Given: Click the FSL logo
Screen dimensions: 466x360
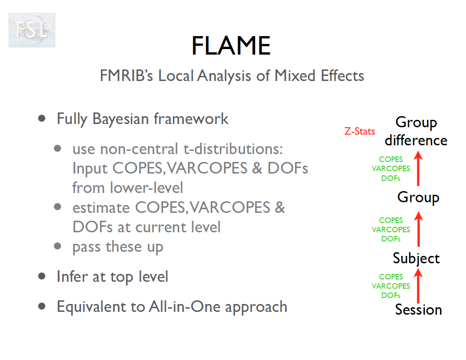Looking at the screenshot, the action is coord(32,30).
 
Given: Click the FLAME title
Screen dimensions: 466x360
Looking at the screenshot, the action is coord(231,46).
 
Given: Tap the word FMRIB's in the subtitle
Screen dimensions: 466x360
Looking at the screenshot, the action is coord(126,76).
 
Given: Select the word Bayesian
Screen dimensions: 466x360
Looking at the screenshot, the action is coord(120,119).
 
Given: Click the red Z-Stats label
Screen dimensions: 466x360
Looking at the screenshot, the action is coord(359,131).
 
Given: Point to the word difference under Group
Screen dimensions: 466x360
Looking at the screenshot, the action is coord(416,140).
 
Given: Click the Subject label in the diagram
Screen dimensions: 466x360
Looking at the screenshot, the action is coord(416,259).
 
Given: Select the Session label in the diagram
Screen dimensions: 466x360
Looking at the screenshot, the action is coord(418,310).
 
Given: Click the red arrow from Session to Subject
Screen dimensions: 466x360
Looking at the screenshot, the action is coord(418,286).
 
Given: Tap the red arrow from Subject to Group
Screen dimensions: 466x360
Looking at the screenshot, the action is coord(418,229).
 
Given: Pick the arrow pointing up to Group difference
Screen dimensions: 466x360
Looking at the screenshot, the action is coord(418,168).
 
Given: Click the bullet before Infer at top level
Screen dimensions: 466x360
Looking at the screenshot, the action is coord(42,276).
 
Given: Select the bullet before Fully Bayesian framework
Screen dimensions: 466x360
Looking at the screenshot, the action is coord(42,119).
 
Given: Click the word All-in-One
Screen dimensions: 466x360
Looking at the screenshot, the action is coord(184,307).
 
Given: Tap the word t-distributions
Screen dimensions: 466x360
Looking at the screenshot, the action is coord(233,149).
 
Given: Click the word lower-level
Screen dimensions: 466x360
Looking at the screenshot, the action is coord(146,188).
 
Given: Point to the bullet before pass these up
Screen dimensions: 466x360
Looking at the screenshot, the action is coord(57,246).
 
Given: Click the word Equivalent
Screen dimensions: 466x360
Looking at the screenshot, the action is coord(91,307).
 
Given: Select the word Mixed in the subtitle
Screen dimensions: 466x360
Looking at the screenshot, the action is coord(295,76).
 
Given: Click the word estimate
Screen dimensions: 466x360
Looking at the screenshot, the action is coord(101,208).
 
